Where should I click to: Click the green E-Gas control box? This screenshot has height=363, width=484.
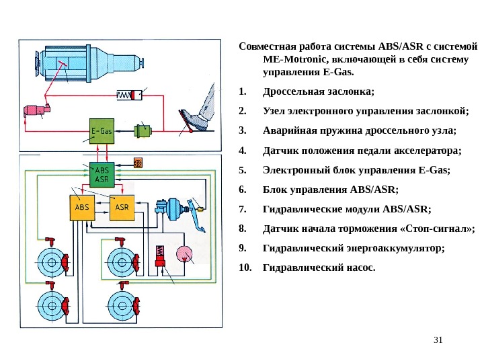pos(102,132)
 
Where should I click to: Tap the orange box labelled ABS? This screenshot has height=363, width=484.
pos(83,207)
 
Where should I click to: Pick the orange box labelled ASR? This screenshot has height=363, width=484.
pos(122,207)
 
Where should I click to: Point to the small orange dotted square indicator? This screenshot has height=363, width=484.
pos(140,163)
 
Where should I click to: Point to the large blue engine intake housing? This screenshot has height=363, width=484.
pos(81,62)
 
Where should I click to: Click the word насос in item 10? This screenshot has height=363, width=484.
pos(356,268)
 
